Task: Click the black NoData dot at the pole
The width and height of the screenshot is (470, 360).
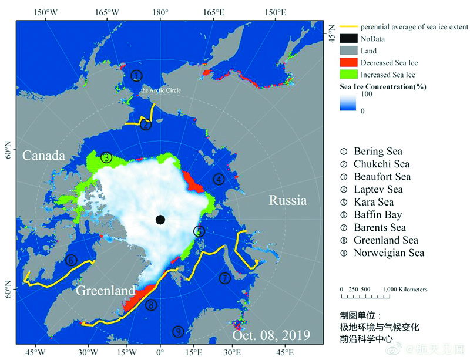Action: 160,220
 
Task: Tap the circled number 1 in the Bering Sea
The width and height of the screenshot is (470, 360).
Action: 136,75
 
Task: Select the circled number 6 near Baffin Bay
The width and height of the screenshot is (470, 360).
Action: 71,260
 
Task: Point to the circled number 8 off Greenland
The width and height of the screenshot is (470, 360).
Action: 152,305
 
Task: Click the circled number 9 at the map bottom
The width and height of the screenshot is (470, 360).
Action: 178,332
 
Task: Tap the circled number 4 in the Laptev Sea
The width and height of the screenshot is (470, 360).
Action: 219,179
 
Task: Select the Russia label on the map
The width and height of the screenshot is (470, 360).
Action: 287,201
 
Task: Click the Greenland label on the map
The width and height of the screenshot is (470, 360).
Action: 106,290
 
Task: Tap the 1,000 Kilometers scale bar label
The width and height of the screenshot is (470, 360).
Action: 405,290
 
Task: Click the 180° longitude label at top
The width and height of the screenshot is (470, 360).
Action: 160,12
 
